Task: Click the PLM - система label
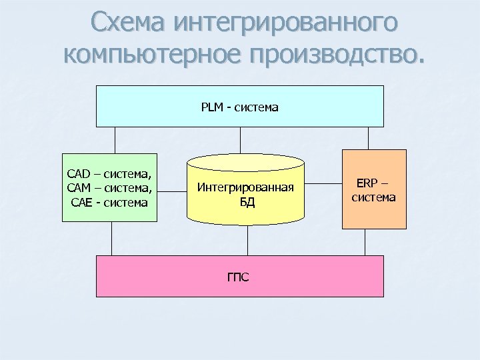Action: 240,107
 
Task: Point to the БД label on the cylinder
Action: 247,202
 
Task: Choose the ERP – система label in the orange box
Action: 374,190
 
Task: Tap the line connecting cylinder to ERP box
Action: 323,183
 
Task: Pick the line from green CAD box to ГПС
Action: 111,238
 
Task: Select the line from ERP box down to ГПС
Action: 365,242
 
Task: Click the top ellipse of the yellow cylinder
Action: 246,161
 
